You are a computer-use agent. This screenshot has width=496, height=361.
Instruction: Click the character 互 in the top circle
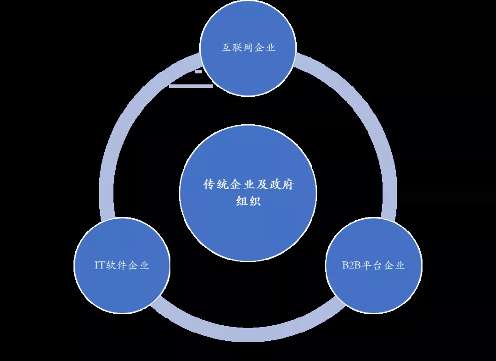click(226, 48)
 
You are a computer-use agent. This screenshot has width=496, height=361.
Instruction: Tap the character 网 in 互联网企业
click(248, 48)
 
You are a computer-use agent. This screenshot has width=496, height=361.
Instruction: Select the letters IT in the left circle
click(99, 265)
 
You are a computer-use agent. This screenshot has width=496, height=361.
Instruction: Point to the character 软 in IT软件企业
click(110, 265)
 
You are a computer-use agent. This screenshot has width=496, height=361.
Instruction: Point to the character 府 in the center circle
click(288, 184)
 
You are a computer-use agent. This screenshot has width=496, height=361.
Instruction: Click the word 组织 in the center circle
click(248, 201)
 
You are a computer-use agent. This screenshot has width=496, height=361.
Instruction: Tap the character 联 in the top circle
click(237, 48)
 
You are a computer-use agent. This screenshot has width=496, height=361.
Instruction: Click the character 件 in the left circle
click(121, 265)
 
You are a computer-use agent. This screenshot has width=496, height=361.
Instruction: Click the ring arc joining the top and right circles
click(361, 104)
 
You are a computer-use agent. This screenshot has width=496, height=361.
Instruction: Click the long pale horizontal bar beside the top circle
click(191, 86)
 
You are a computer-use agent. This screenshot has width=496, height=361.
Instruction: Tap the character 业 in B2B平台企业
click(400, 265)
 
